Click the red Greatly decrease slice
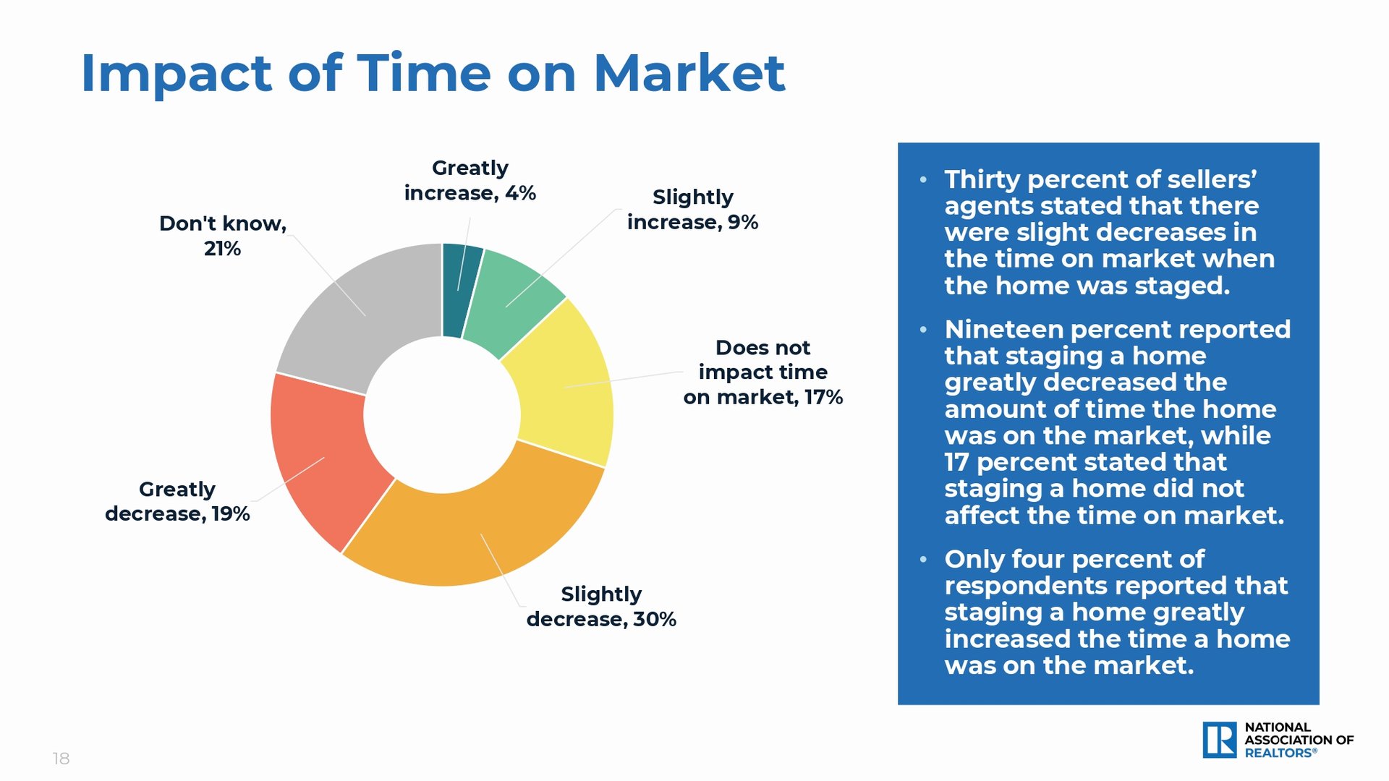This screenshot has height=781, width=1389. [x=322, y=459]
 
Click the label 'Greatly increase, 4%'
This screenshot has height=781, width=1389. [x=470, y=181]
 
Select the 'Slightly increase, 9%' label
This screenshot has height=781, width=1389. [x=692, y=210]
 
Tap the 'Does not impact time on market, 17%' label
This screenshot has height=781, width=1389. [x=763, y=372]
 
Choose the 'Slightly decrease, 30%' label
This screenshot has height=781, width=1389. [x=601, y=607]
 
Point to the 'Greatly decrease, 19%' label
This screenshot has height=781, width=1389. [x=177, y=501]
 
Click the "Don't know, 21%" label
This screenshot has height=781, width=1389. [x=223, y=236]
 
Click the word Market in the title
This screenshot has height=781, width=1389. [x=689, y=73]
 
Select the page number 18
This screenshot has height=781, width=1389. [x=61, y=759]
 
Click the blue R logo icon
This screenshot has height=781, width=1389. [x=1220, y=740]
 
